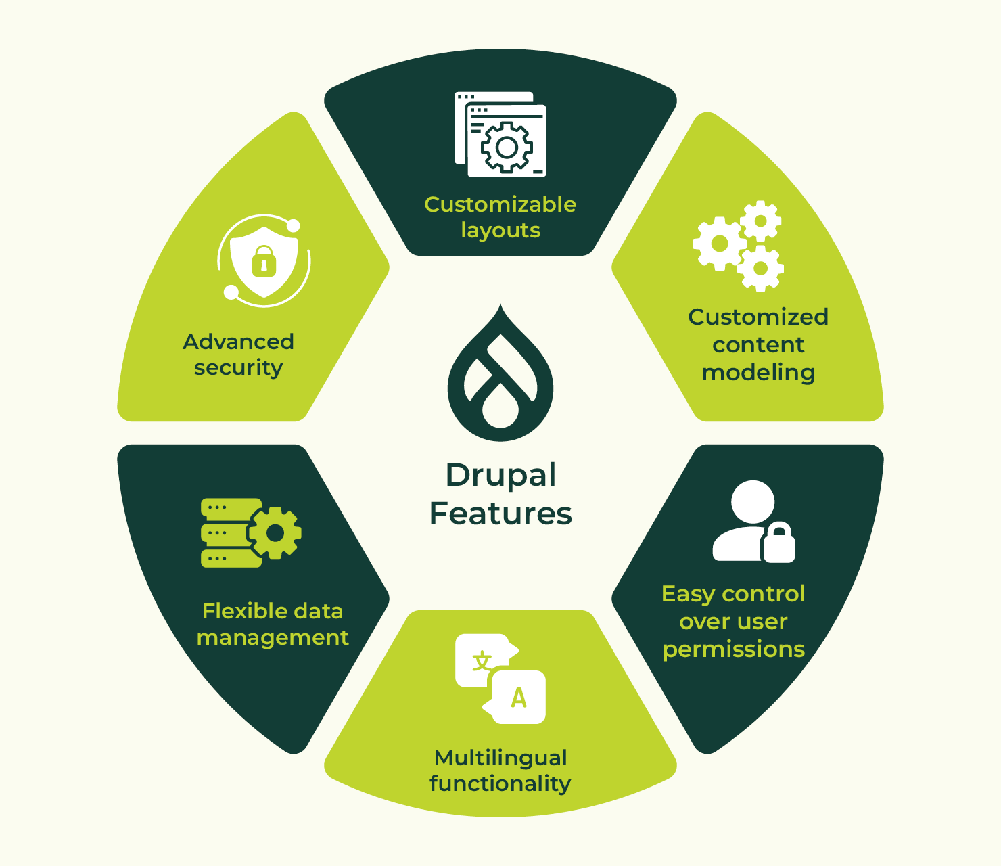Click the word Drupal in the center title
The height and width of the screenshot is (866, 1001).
click(x=500, y=476)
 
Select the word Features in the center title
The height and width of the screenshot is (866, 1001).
click(x=500, y=514)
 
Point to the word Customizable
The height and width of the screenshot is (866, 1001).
click(x=500, y=204)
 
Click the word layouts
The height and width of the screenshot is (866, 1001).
click(x=500, y=231)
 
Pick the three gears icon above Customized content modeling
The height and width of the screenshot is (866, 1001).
click(x=738, y=246)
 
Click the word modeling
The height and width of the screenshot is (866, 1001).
click(x=758, y=373)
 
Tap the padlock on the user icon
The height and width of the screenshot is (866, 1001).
click(x=778, y=543)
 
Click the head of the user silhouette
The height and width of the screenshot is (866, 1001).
click(x=752, y=501)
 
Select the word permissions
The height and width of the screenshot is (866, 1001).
click(x=734, y=650)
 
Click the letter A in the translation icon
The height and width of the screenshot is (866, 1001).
click(x=519, y=698)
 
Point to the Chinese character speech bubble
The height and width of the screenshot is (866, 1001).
click(x=482, y=660)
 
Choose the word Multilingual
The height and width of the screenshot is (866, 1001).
click(x=500, y=758)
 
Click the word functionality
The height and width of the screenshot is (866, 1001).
click(x=500, y=784)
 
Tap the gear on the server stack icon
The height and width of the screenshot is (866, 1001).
click(x=275, y=534)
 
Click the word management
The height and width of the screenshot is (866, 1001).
click(x=273, y=638)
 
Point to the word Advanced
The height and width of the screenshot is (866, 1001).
click(x=238, y=342)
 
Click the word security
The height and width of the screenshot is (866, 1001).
click(x=238, y=368)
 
